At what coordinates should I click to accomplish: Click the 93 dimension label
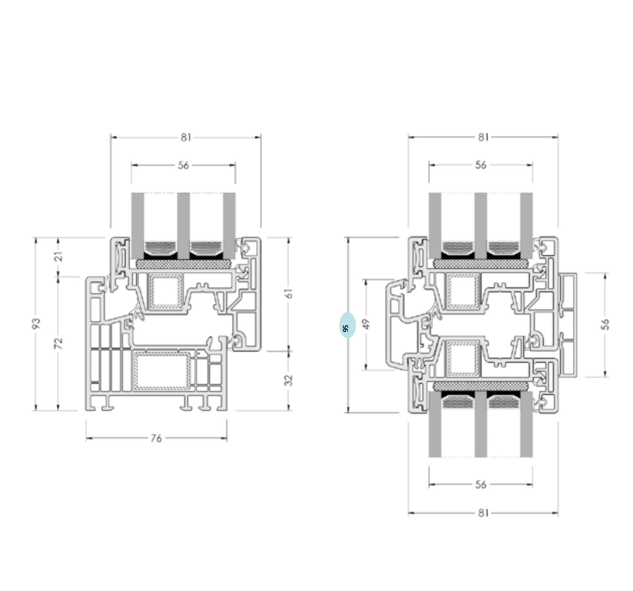pyautogui.click(x=37, y=323)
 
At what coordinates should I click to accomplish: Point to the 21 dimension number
pyautogui.click(x=59, y=256)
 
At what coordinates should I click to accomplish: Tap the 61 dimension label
pyautogui.click(x=289, y=293)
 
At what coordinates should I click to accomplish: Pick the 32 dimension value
pyautogui.click(x=289, y=380)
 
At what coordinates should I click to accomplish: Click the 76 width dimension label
pyautogui.click(x=156, y=439)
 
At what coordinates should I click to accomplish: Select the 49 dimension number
pyautogui.click(x=367, y=324)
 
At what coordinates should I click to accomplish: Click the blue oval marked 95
pyautogui.click(x=347, y=325)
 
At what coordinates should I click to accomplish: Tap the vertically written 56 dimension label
pyautogui.click(x=606, y=324)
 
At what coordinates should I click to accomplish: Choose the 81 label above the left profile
pyautogui.click(x=186, y=138)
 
